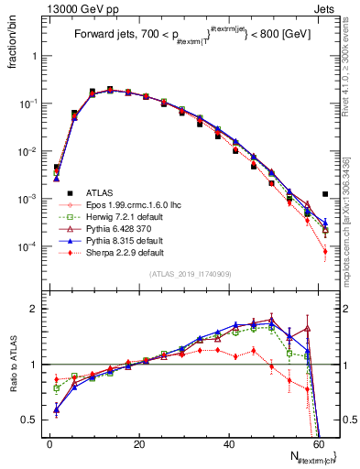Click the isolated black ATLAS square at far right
(325, 194)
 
